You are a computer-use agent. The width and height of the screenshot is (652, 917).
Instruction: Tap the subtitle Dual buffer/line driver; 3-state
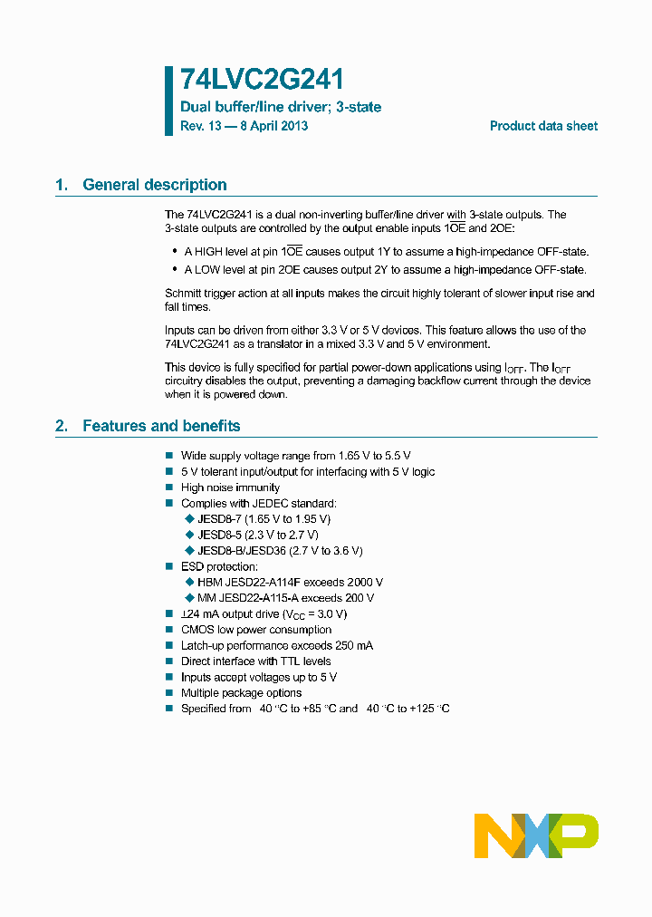tap(281, 107)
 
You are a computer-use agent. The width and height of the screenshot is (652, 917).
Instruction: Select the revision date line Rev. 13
tap(244, 126)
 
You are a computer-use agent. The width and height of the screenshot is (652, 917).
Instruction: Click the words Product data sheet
tap(543, 126)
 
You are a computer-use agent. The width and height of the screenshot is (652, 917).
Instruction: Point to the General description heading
tap(154, 185)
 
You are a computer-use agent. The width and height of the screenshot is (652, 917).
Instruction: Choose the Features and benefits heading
tap(161, 426)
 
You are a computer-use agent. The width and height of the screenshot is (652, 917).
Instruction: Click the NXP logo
tap(536, 835)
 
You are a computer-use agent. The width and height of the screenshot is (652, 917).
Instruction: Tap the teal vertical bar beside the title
tap(168, 101)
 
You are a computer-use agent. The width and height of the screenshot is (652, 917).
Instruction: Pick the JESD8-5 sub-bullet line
tap(257, 535)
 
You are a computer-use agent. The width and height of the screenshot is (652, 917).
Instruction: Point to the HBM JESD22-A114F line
tap(290, 583)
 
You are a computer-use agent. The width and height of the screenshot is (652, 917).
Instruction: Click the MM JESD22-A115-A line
tap(285, 598)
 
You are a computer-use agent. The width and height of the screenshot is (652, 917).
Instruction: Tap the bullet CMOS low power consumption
tap(256, 630)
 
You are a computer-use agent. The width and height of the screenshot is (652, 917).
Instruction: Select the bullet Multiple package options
tap(241, 693)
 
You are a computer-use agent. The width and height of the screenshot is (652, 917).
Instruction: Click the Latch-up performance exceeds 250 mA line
tap(276, 645)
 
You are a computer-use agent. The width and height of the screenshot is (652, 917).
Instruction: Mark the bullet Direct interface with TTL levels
tap(255, 661)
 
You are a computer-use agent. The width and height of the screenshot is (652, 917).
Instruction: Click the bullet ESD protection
tap(219, 566)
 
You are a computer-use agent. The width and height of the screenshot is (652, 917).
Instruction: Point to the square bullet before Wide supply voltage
tap(168, 456)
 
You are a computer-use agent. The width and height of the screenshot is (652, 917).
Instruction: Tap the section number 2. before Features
tap(62, 426)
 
